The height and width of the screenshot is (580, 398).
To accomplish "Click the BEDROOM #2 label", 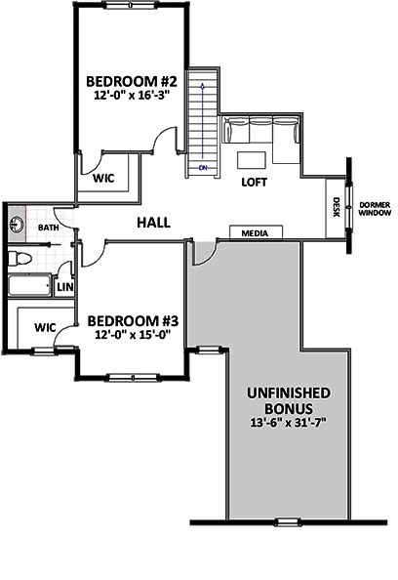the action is (132, 81).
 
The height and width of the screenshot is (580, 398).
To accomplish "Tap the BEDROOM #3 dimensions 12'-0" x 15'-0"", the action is (133, 335).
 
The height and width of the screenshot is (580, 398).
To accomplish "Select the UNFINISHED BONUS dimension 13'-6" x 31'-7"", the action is (289, 423).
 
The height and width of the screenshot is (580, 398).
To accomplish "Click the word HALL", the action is (154, 223).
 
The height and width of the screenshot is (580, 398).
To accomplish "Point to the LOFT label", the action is (255, 182).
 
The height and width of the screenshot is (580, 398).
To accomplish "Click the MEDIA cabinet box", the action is (257, 233).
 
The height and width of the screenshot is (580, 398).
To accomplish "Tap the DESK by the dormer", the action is (336, 209).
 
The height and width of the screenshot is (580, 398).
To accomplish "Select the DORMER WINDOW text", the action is (375, 209).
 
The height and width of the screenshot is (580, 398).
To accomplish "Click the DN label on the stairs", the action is (203, 168).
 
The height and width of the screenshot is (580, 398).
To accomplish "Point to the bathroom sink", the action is (17, 225).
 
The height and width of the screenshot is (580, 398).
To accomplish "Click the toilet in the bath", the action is (19, 259).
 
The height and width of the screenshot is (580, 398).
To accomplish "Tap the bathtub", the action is (29, 285).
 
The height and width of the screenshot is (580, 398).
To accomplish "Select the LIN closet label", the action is (65, 287).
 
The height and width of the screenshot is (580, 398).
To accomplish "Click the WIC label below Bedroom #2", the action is (103, 179).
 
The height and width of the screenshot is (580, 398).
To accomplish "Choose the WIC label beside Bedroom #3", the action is (45, 327).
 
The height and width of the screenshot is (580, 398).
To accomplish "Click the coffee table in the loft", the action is (252, 160).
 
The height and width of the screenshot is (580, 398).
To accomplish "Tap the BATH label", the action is (49, 228).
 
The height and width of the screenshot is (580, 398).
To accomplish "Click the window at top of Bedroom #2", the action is (130, 5).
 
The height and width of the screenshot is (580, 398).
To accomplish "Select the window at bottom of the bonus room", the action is (288, 522).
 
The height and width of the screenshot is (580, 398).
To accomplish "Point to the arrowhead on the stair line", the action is (202, 86).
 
